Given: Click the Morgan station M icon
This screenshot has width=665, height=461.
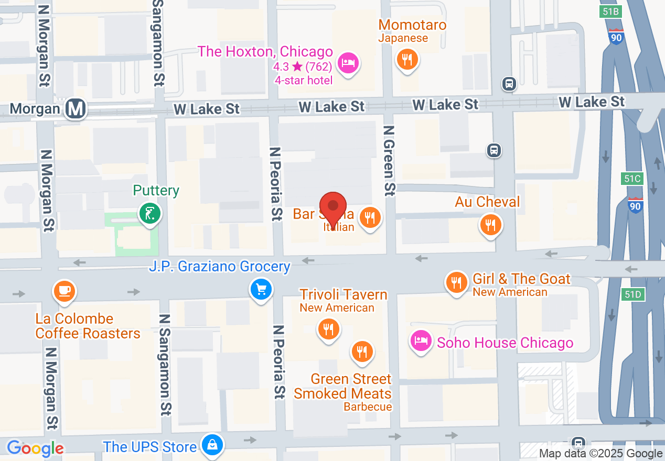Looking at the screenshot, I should [76, 109].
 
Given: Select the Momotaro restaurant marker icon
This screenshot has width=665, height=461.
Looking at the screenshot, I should [407, 59].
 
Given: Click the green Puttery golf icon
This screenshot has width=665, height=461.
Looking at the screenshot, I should [150, 213].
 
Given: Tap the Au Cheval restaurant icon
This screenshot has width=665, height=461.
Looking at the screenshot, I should [490, 225].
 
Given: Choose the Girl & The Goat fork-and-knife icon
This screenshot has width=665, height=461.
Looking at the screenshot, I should [456, 282].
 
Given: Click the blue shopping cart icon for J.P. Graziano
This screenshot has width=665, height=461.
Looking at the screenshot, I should [261, 289].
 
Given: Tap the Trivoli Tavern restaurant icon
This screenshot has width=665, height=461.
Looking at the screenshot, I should [328, 329].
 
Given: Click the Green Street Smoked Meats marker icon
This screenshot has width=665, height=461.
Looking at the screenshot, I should [361, 352].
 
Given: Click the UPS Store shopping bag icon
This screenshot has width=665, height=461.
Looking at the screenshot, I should [212, 445].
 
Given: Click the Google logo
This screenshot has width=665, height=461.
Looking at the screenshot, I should [35, 448].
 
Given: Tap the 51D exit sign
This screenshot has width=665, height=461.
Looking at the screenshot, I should [633, 294].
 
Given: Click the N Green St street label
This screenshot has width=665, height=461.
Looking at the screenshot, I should [389, 161].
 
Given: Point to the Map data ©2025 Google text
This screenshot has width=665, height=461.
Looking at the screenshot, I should [601, 454].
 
